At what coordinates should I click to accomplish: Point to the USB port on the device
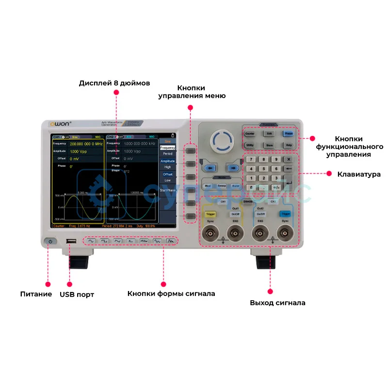tap(71, 241)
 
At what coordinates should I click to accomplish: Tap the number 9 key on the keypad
tap(276, 159)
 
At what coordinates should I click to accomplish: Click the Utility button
tap(250, 145)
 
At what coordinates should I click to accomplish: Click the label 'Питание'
tap(36, 294)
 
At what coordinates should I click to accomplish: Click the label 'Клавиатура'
tap(359, 174)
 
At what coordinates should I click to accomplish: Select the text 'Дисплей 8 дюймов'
tap(114, 83)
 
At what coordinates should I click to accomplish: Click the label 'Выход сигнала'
tap(277, 303)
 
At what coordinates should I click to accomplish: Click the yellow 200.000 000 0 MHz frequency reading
tap(86, 144)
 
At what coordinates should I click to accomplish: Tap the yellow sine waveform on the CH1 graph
tap(78, 204)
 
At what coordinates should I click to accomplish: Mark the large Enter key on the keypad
tap(289, 182)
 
